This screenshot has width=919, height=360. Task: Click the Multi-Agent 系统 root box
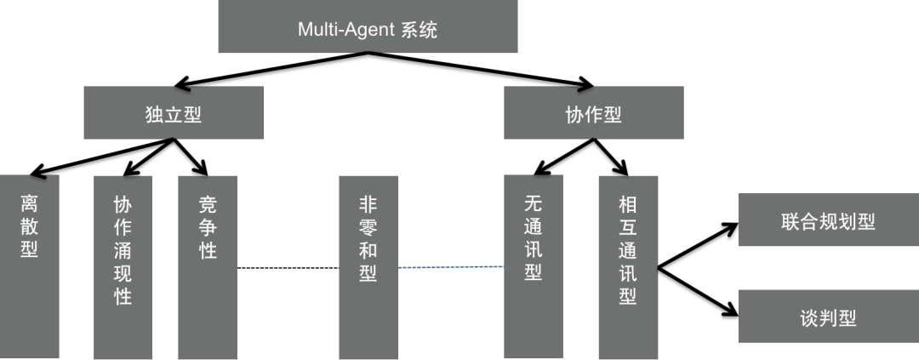(x=368, y=30)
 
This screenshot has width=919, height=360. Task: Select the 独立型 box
(x=174, y=113)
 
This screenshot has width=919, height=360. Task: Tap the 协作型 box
(x=594, y=113)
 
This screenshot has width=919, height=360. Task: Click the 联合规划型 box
(x=828, y=221)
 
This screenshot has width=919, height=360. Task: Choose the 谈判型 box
(x=828, y=317)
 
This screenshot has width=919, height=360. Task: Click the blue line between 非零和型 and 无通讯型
(x=451, y=268)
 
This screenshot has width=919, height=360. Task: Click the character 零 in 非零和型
(x=368, y=228)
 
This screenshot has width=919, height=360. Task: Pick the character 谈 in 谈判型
(x=809, y=318)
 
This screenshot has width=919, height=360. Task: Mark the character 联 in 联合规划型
(x=791, y=222)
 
